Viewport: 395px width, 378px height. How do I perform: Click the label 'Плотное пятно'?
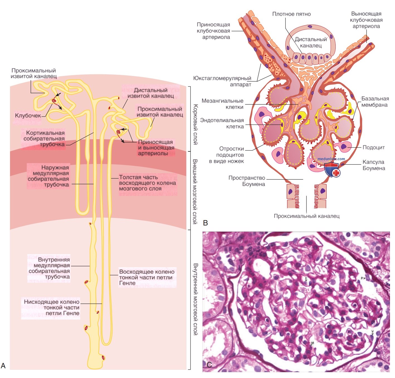(x=291, y=14)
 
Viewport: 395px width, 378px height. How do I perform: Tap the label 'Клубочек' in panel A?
(x=28, y=115)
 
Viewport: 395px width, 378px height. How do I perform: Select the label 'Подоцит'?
(x=373, y=147)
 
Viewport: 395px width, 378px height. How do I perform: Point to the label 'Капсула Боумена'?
(x=374, y=165)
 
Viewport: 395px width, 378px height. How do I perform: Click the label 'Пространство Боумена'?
(x=247, y=181)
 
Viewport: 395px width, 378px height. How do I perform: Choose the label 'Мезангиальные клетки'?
(x=222, y=104)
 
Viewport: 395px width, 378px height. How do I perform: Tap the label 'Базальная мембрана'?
(x=375, y=102)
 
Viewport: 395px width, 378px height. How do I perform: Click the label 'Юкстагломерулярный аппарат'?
(x=222, y=81)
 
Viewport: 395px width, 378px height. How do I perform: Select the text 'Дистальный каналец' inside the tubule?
(x=311, y=42)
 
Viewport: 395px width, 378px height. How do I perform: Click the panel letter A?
(x=3, y=365)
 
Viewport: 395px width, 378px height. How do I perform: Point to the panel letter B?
(x=206, y=223)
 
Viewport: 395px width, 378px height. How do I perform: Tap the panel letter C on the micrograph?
(x=209, y=365)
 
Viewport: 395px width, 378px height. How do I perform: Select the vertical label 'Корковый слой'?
(x=196, y=124)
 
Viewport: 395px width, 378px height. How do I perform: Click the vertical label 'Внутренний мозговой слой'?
(x=196, y=299)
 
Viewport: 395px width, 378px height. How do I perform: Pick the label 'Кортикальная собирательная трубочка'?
(x=44, y=139)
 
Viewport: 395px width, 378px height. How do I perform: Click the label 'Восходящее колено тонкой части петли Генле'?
(x=147, y=277)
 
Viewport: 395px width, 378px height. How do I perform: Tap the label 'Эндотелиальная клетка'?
(x=222, y=123)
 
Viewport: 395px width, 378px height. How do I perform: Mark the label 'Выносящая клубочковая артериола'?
(x=366, y=20)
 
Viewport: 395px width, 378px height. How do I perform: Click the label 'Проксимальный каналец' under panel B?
(x=306, y=216)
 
